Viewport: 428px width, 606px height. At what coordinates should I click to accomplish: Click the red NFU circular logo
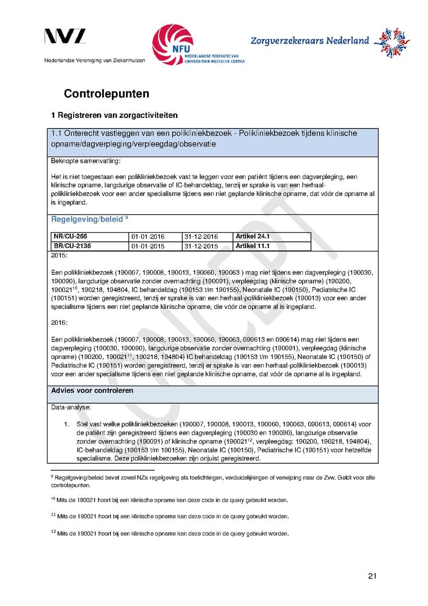(x=173, y=44)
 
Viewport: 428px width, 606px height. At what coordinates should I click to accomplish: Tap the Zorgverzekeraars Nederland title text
(x=310, y=40)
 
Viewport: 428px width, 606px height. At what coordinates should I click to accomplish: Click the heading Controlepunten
(x=107, y=93)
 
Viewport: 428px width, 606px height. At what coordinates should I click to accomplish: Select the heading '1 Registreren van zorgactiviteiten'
(x=114, y=115)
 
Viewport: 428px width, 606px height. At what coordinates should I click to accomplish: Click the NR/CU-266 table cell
(x=70, y=237)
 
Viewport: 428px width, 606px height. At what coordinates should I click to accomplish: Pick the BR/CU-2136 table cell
(x=72, y=246)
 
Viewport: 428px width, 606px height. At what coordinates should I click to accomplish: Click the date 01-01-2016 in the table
(x=147, y=237)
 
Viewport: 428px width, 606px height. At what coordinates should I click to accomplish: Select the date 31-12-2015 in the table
(x=201, y=246)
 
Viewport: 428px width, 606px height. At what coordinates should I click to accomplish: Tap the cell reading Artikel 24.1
(x=253, y=237)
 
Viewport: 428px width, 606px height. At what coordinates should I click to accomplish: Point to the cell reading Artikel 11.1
(x=253, y=246)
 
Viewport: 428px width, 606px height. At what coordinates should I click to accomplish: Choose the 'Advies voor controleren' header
(x=92, y=391)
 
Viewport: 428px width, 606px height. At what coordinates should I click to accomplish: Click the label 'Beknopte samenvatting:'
(x=79, y=161)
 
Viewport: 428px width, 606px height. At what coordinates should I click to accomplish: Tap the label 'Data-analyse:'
(x=71, y=407)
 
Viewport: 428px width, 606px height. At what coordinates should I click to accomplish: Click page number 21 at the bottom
(x=372, y=576)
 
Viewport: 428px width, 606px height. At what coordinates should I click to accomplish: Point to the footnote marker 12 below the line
(x=53, y=533)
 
